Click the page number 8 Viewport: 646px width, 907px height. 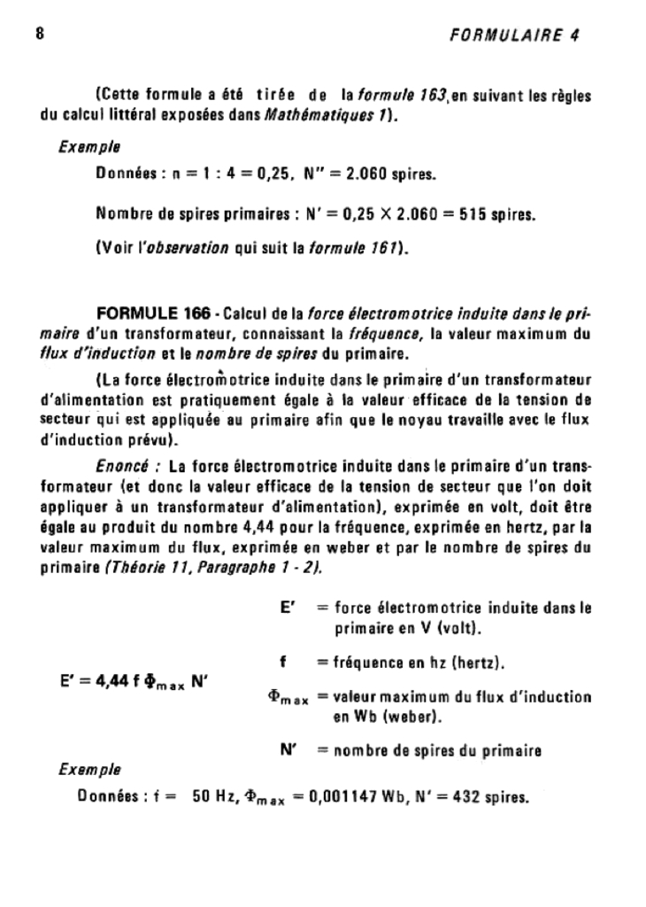(x=40, y=35)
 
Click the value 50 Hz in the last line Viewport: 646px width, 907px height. (x=211, y=797)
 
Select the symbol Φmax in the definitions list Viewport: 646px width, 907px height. (x=287, y=698)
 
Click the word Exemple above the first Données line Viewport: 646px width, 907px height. (x=89, y=146)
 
